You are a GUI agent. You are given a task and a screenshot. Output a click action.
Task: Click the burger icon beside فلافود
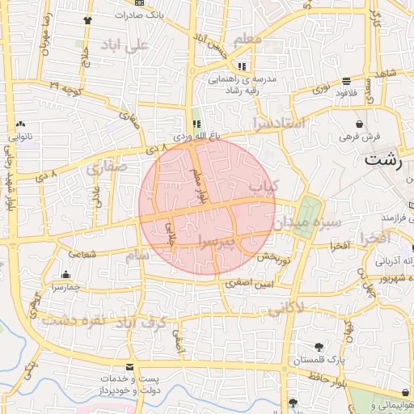tap(347, 81)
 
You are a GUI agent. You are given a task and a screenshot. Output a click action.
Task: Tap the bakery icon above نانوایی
tap(20, 125)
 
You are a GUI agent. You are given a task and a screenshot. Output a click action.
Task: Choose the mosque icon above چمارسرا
tap(65, 274)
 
